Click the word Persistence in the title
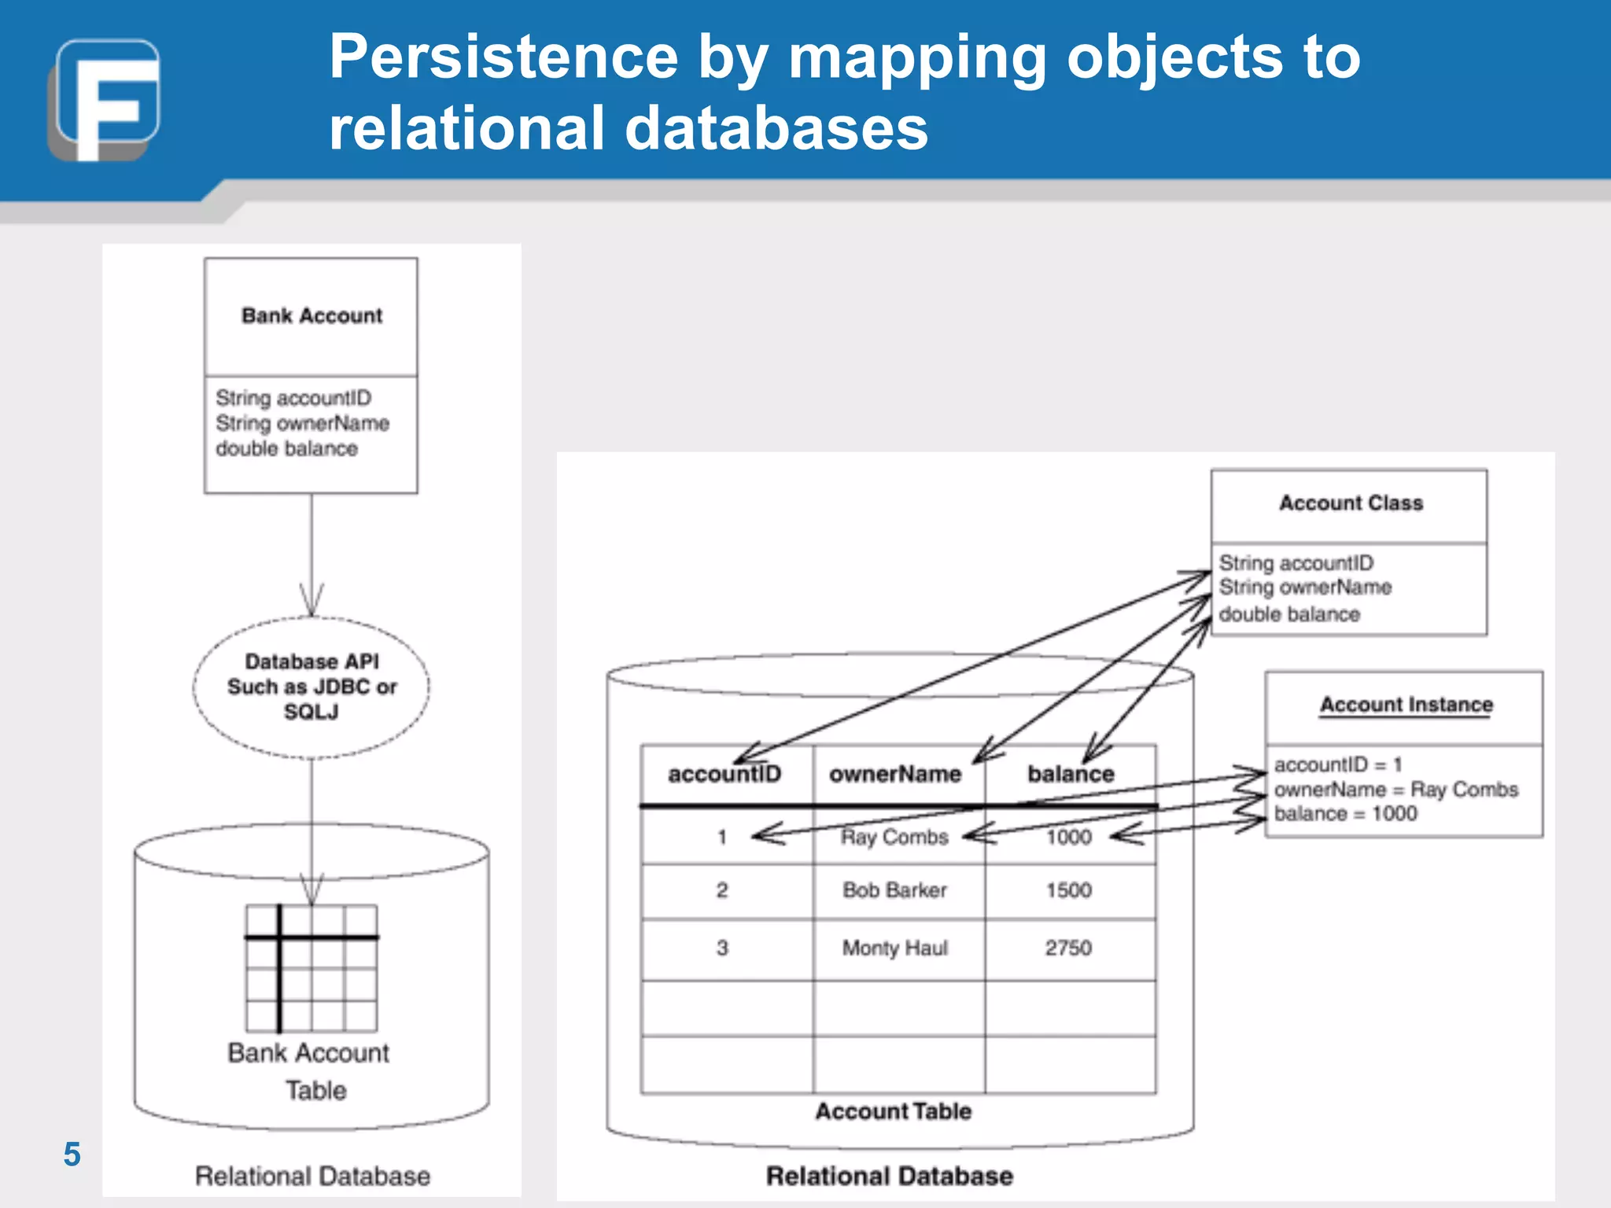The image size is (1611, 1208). (x=503, y=57)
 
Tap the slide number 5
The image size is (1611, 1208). (x=72, y=1155)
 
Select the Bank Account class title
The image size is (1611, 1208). (x=312, y=315)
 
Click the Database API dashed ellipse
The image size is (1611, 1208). (x=312, y=687)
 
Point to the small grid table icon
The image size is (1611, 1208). (x=312, y=968)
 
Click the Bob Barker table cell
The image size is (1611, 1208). (x=894, y=890)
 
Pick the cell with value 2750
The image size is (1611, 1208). (x=1068, y=948)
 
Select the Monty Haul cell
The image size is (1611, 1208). (x=894, y=948)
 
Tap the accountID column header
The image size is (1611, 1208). (x=724, y=775)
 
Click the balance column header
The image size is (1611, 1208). (x=1071, y=775)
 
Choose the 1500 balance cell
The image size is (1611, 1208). (x=1068, y=890)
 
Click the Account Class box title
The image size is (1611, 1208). (x=1351, y=503)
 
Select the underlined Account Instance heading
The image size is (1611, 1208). (x=1406, y=705)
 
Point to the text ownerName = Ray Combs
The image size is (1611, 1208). (x=1395, y=789)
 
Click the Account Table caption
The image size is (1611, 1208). (x=894, y=1111)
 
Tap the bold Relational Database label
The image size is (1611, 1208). (x=890, y=1176)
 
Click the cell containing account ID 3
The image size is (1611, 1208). (x=722, y=948)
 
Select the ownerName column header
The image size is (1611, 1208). (x=895, y=775)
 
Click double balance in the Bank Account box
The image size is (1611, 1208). (x=287, y=448)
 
